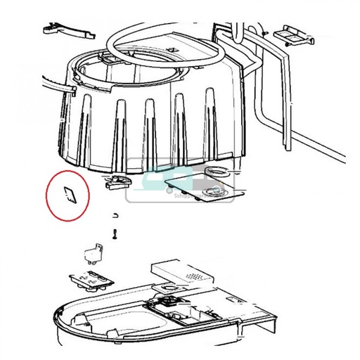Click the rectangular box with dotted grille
181,273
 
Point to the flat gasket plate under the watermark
204,188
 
